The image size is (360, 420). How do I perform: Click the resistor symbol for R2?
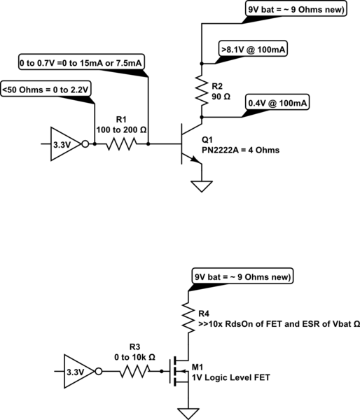click(x=201, y=89)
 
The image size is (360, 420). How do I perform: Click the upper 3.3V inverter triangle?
click(x=67, y=145)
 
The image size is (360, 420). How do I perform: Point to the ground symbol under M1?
click(x=187, y=413)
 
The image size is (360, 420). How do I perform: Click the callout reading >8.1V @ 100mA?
click(x=255, y=50)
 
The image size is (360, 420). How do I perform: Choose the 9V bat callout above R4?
click(x=242, y=276)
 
